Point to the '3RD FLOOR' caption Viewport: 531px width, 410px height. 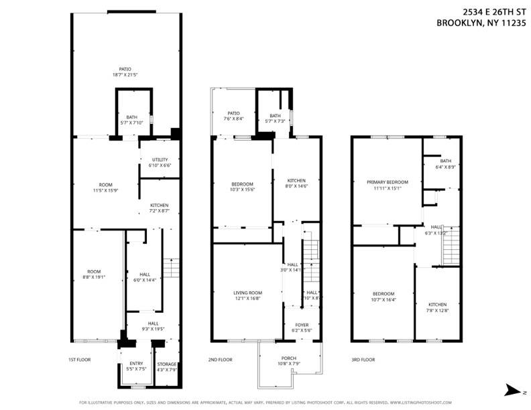[x=363, y=359]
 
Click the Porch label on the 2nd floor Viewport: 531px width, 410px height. [x=289, y=358]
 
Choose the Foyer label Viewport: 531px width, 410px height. [x=302, y=325]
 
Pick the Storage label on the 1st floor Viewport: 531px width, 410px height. [x=167, y=364]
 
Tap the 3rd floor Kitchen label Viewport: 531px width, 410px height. [x=437, y=305]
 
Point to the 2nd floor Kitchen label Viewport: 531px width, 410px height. [x=296, y=180]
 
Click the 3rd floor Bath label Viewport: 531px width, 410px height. [x=446, y=161]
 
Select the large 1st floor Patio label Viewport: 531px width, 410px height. [x=125, y=68]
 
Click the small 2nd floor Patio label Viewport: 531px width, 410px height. [x=233, y=113]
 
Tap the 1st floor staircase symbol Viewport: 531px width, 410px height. [x=172, y=268]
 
